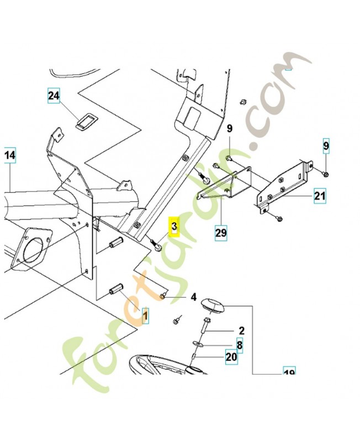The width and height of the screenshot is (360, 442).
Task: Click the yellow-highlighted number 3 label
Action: pos(174,227)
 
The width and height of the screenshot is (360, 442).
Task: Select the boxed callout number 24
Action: pos(54,97)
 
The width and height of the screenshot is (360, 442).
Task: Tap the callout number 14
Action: pos(10,156)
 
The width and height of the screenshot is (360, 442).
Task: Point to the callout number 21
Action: pos(320,196)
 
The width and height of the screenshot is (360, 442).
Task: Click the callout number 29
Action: pos(221,233)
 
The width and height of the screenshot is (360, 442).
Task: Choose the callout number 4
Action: pos(194,297)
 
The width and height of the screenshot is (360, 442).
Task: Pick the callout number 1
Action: pos(146,315)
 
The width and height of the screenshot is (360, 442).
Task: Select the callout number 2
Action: pos(241,331)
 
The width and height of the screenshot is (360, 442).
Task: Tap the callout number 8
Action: pos(240,345)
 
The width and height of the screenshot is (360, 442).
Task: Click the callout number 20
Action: pos(231,357)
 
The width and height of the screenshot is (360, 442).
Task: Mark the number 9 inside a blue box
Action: pos(326,146)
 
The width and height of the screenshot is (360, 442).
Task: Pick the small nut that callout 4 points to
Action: pos(163,297)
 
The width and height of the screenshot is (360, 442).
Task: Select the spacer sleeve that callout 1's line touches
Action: pos(117,290)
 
